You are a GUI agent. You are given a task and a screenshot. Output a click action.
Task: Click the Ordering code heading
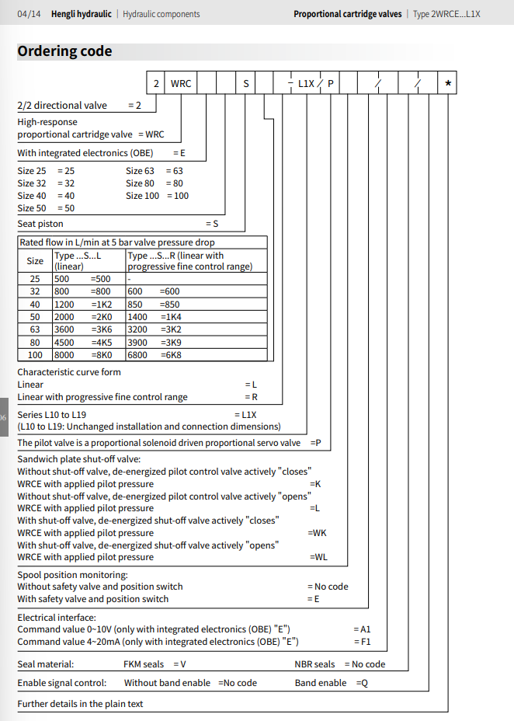pos(64,51)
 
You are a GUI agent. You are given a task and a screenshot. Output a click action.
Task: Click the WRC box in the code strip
pos(181,83)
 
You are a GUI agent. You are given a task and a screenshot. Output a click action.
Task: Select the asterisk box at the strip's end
pos(448,83)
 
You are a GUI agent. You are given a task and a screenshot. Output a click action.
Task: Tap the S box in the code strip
pos(246,83)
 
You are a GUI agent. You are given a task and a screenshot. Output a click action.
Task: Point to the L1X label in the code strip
pos(306,83)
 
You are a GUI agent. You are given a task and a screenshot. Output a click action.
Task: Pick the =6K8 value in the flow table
pos(170,354)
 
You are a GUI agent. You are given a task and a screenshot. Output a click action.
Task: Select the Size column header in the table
pos(35,261)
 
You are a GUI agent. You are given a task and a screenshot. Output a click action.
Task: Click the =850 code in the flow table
pos(169,305)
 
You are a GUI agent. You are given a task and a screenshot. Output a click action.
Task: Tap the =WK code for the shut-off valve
pos(318,533)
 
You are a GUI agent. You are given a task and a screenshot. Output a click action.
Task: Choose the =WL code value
pos(318,557)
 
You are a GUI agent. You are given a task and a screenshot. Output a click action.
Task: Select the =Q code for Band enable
pos(362,683)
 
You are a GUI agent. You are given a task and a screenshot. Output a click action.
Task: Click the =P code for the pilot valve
pos(315,443)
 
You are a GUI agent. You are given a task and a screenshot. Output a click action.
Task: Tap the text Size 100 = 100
pos(157,196)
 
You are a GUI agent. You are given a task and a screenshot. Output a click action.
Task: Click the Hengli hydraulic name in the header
pos(82,14)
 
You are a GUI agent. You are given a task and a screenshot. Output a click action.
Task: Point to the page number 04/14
pos(29,14)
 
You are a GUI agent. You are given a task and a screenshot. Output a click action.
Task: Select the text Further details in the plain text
pos(80,704)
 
